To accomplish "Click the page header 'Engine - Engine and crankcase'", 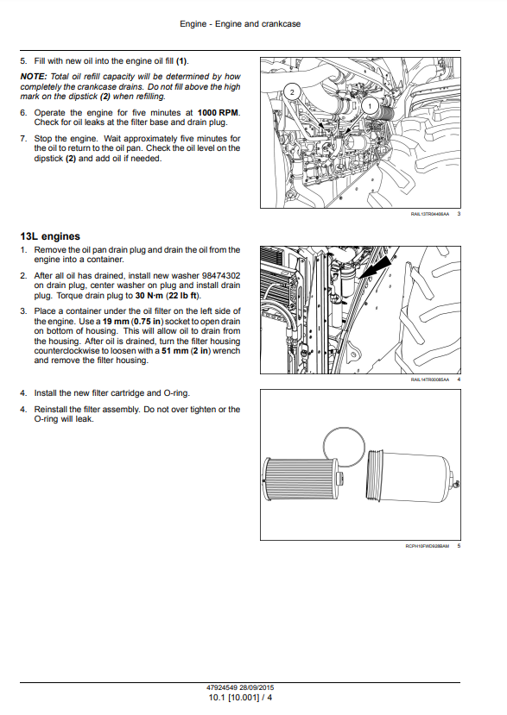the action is tap(240, 23).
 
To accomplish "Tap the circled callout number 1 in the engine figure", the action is tap(370, 107).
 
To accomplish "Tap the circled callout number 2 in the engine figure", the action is tap(292, 92).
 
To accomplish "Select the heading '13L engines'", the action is tap(50, 236).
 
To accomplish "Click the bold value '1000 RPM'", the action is tap(218, 113).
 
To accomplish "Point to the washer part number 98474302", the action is tap(221, 275).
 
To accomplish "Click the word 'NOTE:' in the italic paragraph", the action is tap(34, 77).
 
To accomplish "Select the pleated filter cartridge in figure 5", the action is tap(302, 480).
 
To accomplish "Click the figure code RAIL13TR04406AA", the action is tap(430, 214).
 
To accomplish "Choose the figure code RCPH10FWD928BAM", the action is tap(427, 546).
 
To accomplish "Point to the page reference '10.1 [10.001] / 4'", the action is tap(240, 698).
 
